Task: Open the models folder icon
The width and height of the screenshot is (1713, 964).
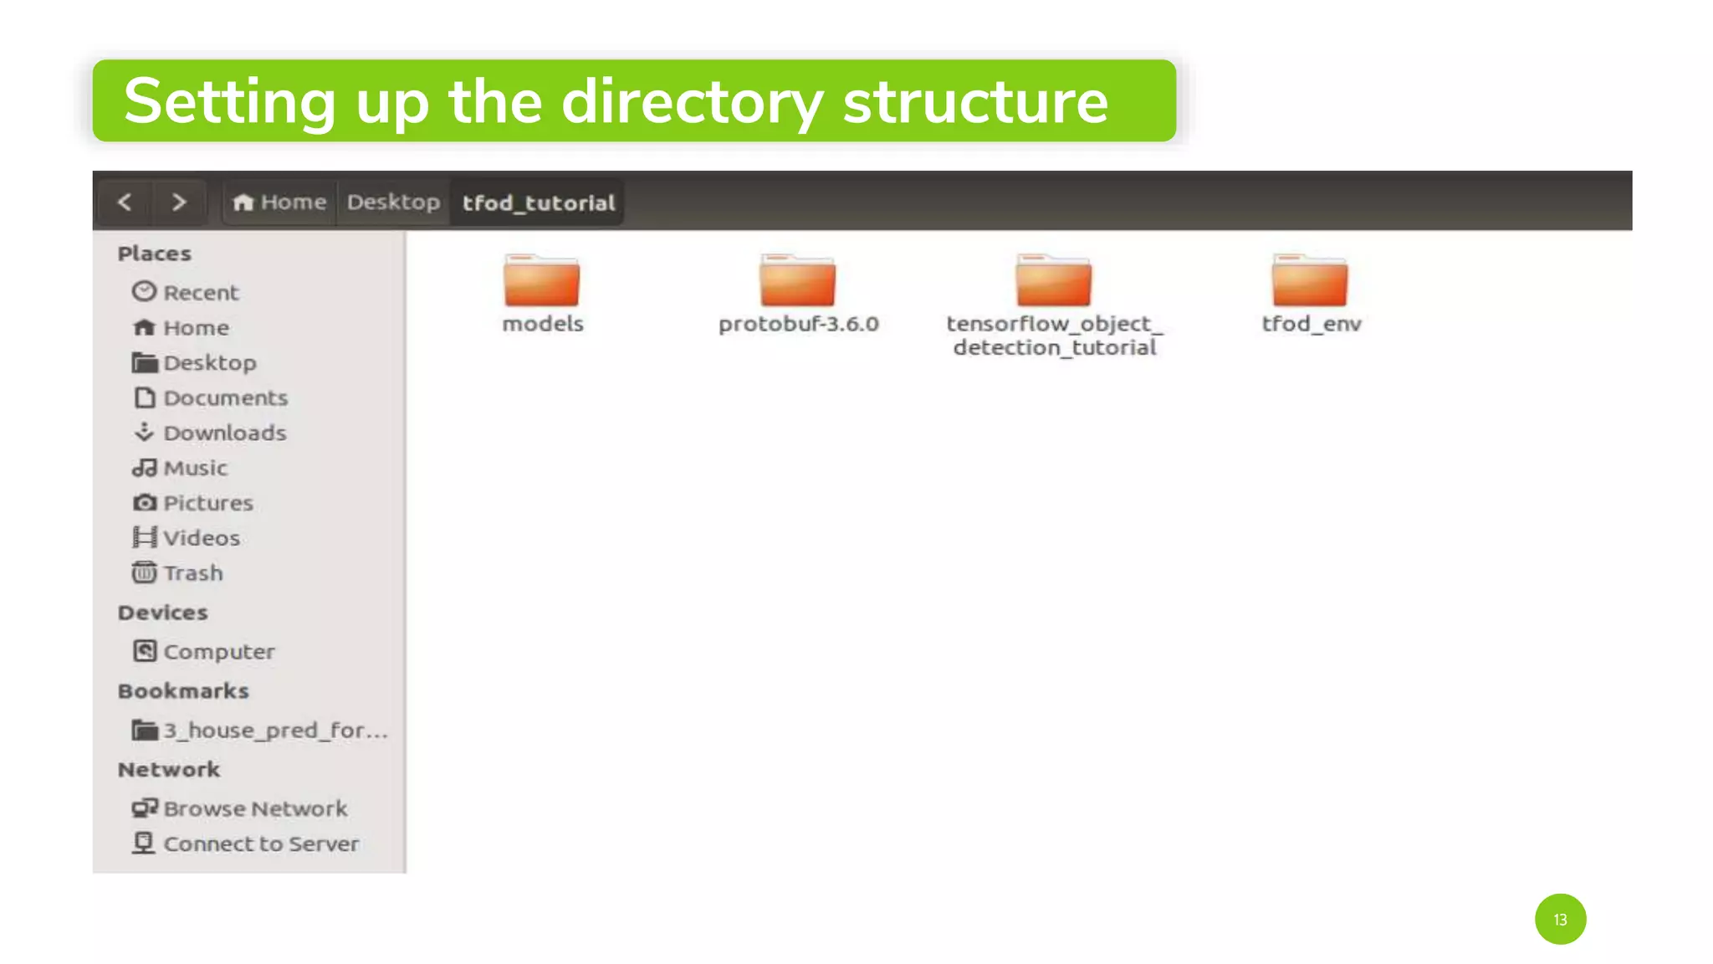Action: (x=541, y=281)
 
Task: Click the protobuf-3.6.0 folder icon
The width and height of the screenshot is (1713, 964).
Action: (x=797, y=281)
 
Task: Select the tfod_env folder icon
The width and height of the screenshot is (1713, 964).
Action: (x=1309, y=281)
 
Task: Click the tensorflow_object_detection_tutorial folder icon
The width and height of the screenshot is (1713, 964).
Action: (x=1053, y=281)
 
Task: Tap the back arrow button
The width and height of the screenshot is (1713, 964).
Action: (x=125, y=202)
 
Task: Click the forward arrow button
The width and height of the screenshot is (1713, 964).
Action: (x=178, y=202)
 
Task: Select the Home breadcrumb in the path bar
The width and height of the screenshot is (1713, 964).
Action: (x=280, y=202)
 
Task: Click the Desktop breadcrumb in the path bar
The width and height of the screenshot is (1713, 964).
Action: (x=393, y=202)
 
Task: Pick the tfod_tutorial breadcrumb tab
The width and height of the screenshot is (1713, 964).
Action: (x=538, y=203)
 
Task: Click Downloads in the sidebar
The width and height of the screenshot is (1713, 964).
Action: (x=224, y=433)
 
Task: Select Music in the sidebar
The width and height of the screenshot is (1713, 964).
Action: (x=195, y=468)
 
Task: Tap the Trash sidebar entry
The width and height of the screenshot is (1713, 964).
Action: (x=192, y=573)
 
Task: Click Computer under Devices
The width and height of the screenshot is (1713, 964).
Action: (x=218, y=651)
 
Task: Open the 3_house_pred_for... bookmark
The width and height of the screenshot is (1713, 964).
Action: (x=274, y=730)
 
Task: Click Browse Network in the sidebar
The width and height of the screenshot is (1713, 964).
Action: (x=254, y=808)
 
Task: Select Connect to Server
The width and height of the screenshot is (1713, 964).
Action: (x=260, y=843)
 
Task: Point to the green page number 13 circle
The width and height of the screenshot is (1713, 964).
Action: (x=1560, y=919)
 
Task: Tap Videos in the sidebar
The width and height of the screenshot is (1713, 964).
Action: (x=201, y=538)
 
